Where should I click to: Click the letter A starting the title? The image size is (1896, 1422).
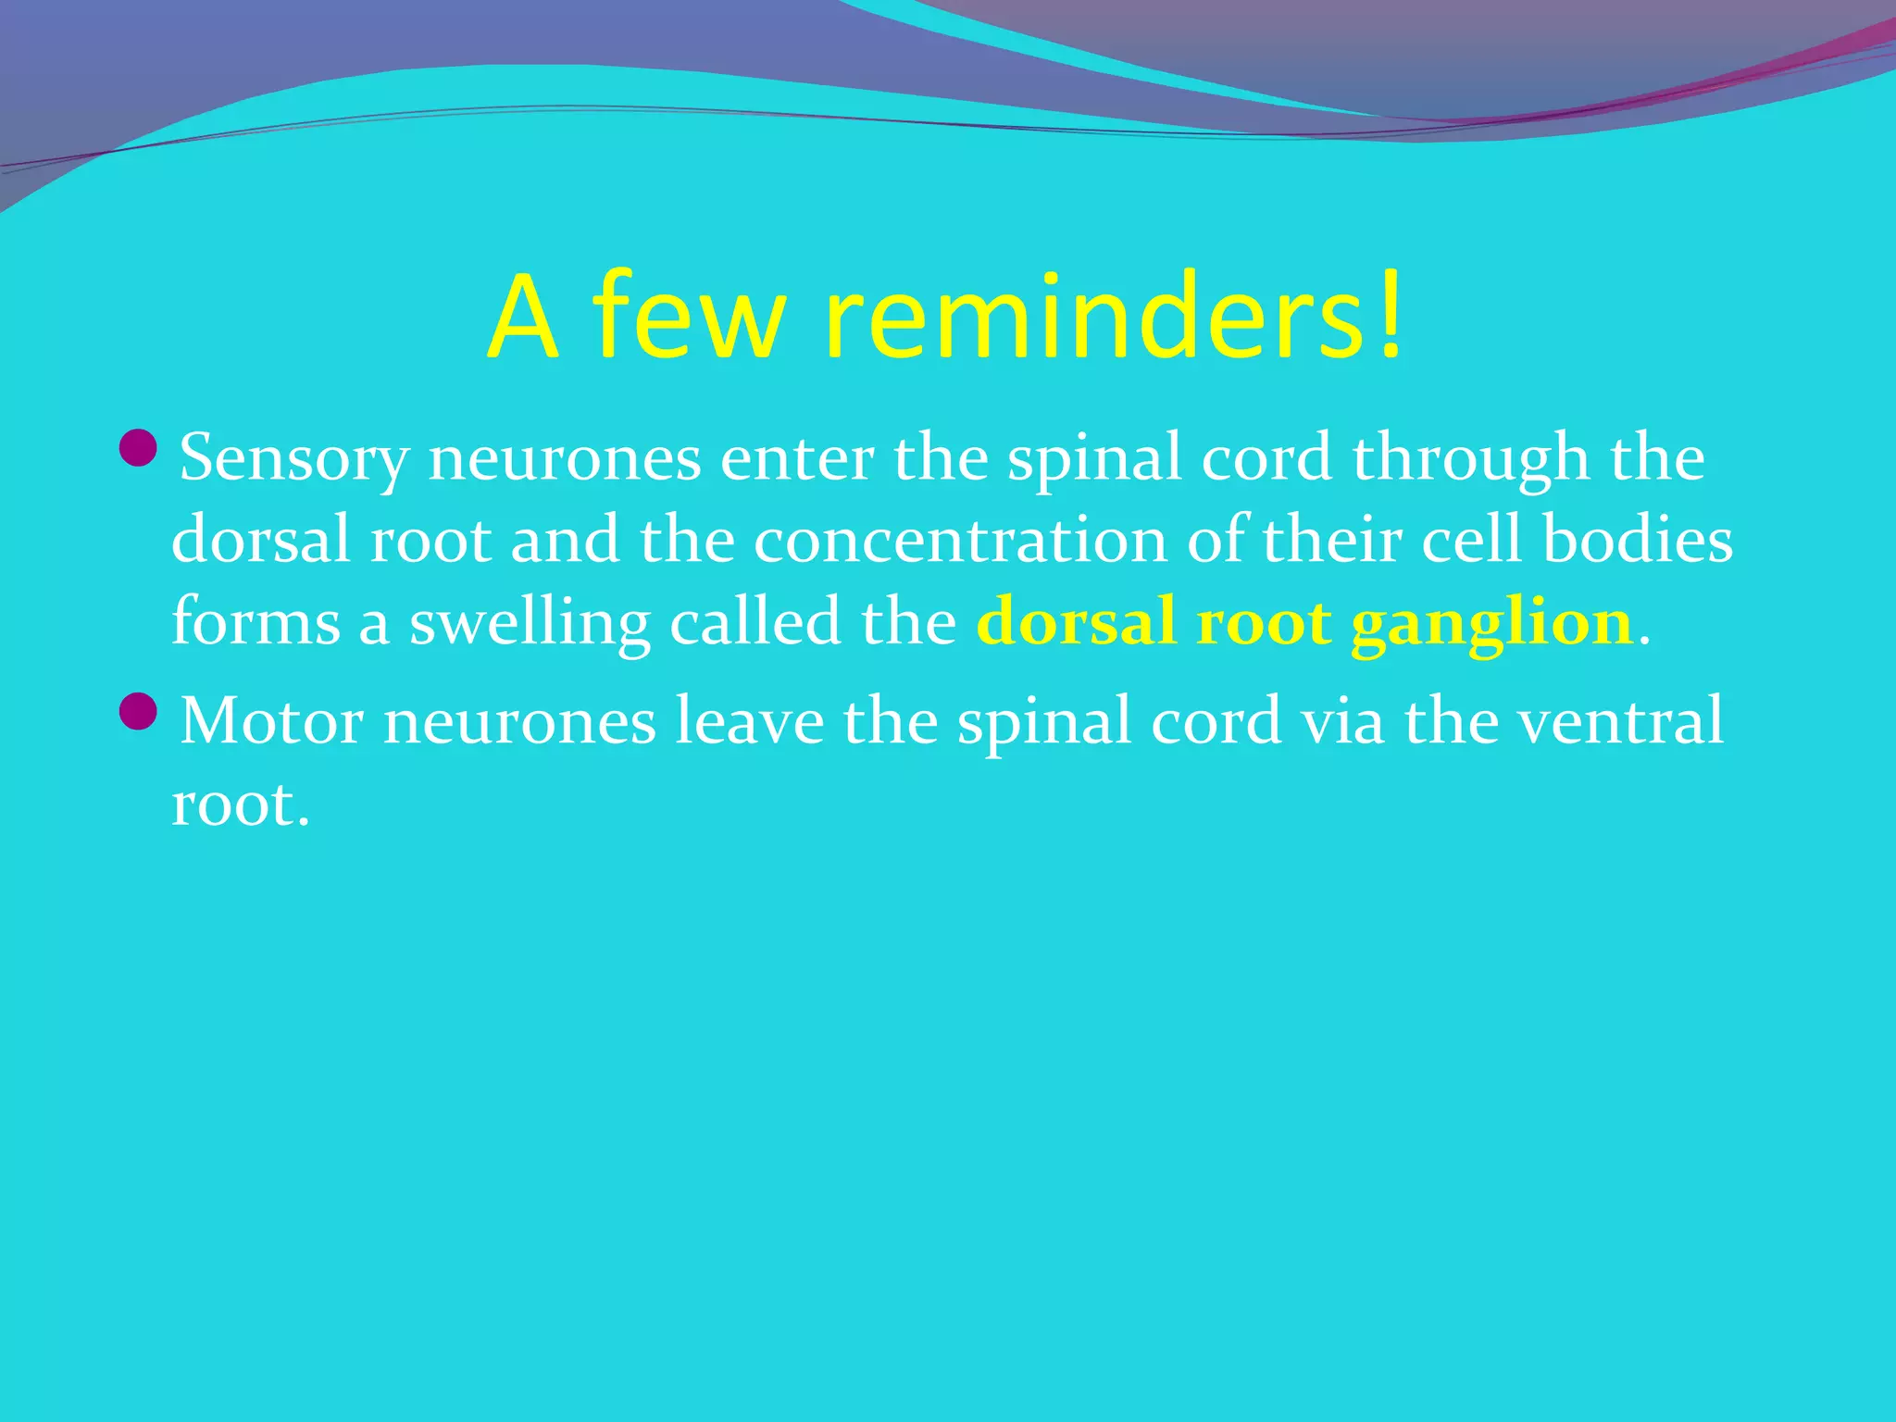pos(524,318)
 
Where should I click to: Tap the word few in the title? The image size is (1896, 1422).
pos(691,318)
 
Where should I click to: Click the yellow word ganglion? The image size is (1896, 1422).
pos(1491,624)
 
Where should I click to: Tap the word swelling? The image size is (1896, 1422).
pos(530,624)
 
